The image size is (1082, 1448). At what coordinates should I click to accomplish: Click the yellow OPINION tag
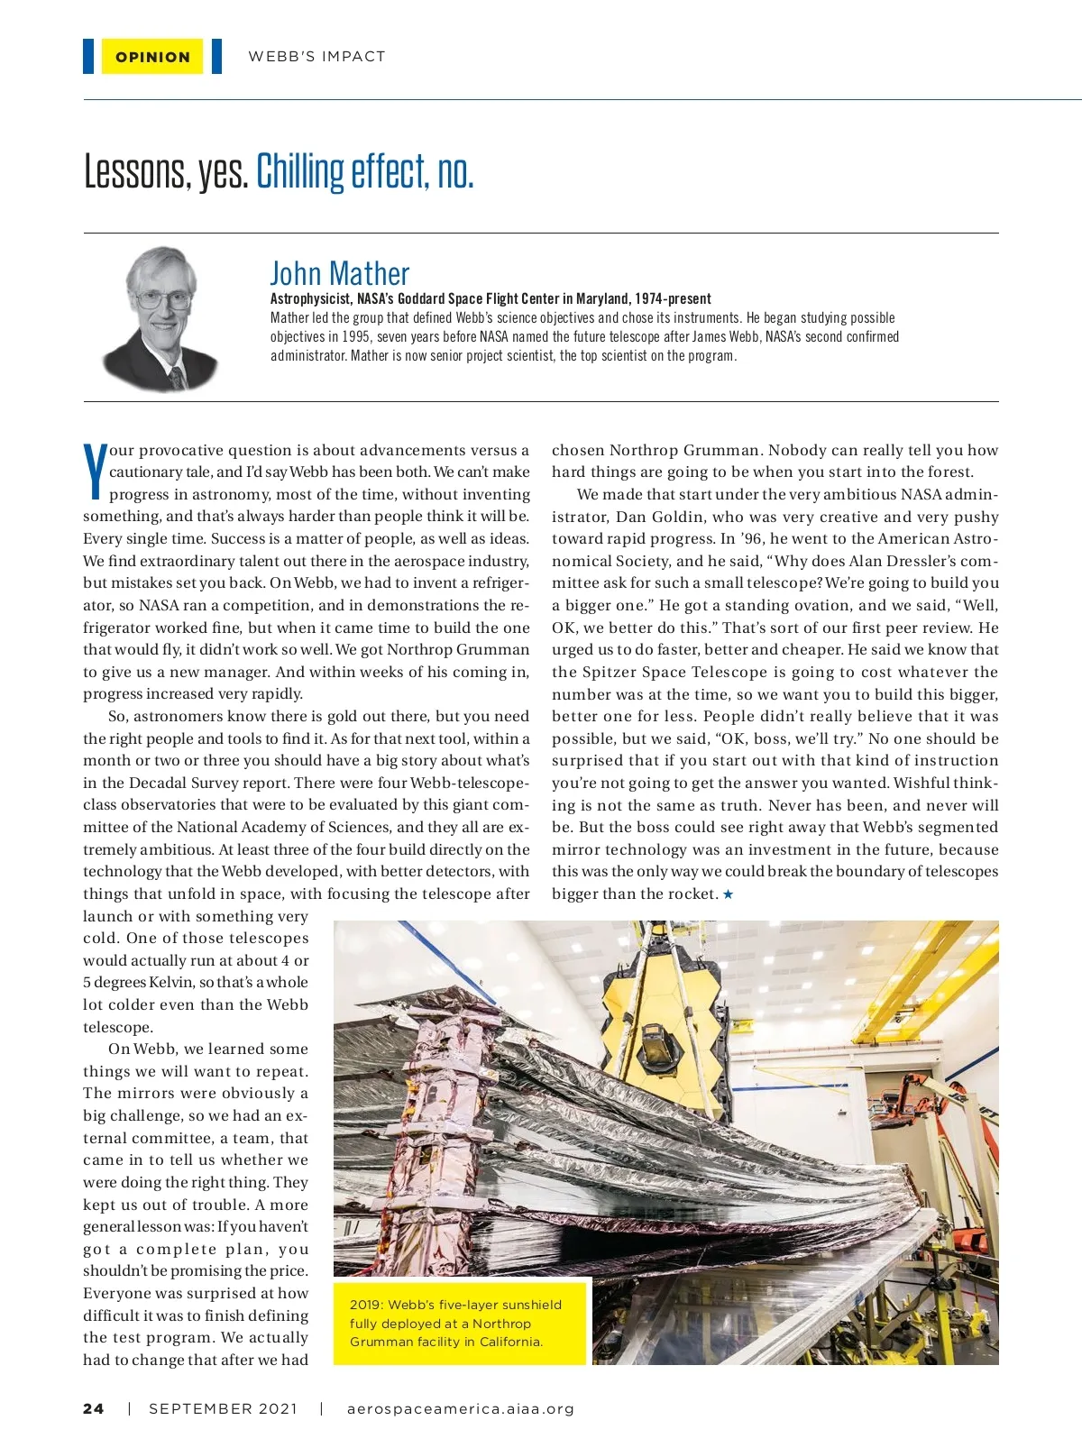152,57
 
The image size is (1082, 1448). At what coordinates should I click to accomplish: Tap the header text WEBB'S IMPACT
316,57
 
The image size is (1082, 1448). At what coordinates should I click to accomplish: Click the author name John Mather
339,274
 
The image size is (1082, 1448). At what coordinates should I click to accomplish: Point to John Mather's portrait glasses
162,298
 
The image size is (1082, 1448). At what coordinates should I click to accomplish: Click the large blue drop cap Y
95,471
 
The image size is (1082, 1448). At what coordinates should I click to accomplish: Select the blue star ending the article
729,894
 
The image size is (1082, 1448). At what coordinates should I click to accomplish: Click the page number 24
94,1409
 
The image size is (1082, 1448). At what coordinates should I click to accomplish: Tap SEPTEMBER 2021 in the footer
223,1409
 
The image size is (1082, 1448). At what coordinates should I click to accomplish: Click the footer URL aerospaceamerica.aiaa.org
460,1409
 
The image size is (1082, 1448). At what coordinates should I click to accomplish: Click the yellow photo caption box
460,1323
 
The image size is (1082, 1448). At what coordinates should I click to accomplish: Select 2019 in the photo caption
365,1305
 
